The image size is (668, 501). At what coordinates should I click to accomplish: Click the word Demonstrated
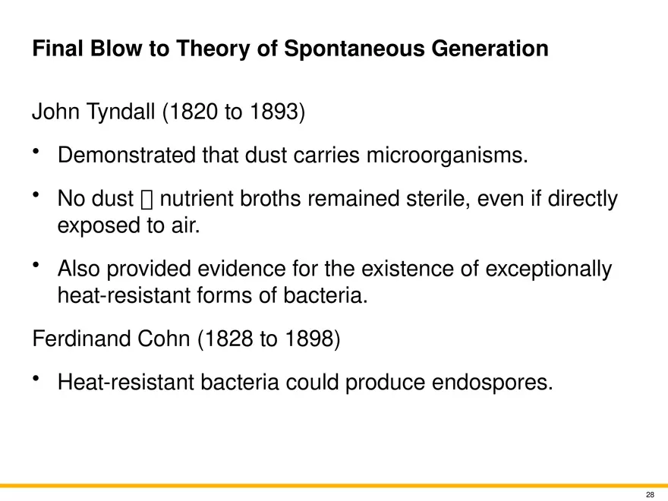[x=126, y=156]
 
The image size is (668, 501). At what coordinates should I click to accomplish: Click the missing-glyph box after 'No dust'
[x=147, y=200]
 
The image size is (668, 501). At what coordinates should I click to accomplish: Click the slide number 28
[x=650, y=493]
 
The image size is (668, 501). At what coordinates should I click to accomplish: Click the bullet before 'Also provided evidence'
[x=36, y=264]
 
